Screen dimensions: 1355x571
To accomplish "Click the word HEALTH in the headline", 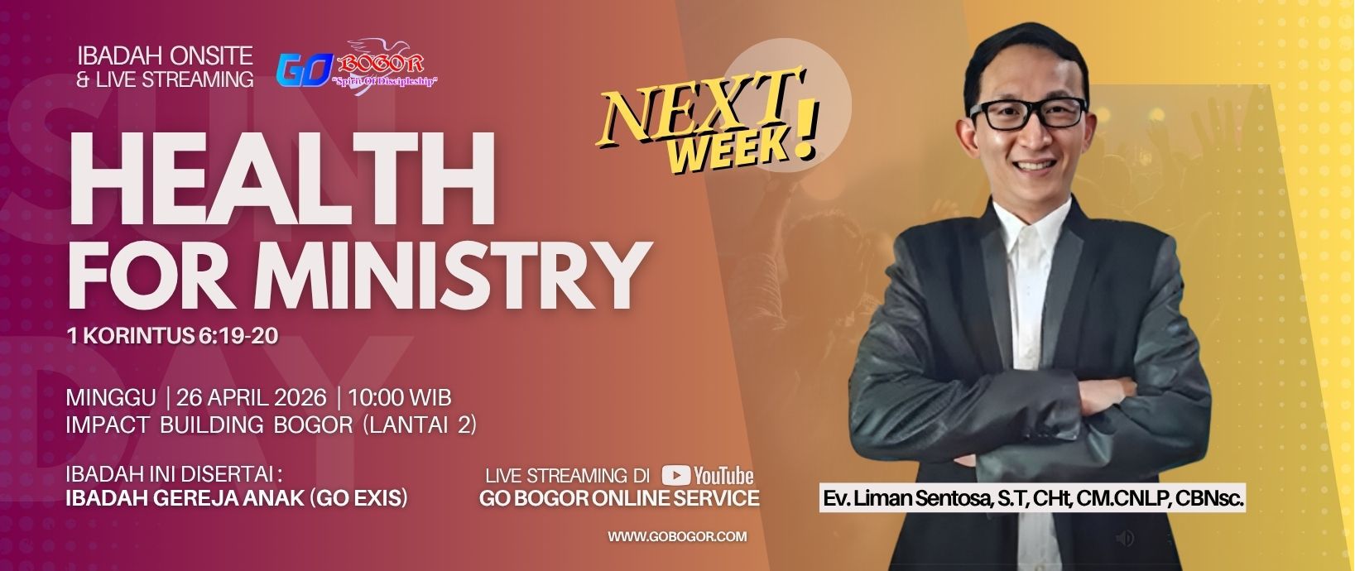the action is tap(282, 180).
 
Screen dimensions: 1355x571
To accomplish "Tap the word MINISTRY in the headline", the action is tap(449, 276).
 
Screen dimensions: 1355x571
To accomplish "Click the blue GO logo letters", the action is tap(305, 70).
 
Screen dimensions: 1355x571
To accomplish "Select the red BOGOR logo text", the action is tap(380, 62).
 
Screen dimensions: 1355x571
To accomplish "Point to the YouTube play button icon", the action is tap(675, 476).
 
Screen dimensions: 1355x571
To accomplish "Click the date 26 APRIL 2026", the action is tap(251, 398).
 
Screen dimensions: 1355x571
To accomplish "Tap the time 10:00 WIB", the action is tap(399, 398).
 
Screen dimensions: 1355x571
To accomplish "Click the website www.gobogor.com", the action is tap(677, 536).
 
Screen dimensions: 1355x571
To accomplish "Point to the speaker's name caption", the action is tap(1032, 498).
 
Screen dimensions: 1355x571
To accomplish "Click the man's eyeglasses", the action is tap(1028, 113).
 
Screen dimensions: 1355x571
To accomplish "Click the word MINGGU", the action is tap(111, 398).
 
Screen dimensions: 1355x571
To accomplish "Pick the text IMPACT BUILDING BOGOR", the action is tap(209, 425).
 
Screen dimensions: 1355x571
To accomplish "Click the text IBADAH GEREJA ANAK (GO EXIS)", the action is tap(236, 498).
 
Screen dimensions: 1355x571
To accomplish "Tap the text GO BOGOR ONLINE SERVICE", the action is tap(619, 498).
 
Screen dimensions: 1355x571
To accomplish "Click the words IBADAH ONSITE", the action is tap(166, 56).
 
